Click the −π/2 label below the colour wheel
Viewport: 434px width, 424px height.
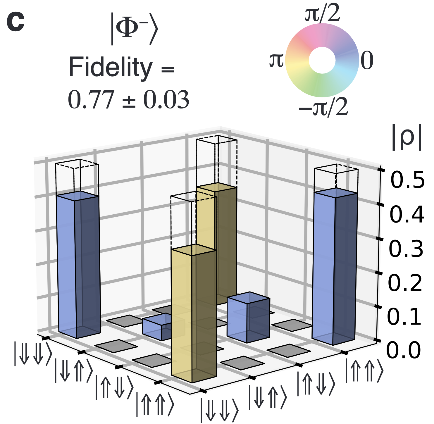[323, 107]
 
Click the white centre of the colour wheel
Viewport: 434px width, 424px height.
[322, 60]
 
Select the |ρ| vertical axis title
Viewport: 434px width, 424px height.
[407, 140]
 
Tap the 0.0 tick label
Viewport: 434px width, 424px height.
[404, 350]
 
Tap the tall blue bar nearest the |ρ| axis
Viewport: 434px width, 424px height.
[335, 266]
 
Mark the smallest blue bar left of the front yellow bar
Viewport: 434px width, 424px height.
[155, 328]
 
